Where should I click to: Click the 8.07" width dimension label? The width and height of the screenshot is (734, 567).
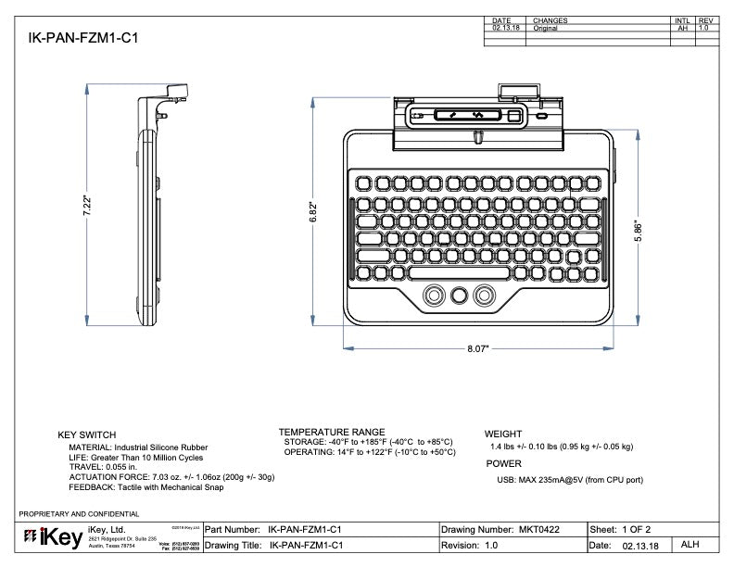click(x=477, y=349)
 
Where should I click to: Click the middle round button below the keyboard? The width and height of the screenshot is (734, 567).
click(x=458, y=295)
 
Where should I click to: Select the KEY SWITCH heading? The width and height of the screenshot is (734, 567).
click(x=87, y=435)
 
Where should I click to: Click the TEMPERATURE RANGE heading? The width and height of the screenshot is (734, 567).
click(x=331, y=432)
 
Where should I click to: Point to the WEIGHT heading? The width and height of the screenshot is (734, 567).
click(x=503, y=434)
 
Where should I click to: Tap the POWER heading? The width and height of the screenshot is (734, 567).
click(x=503, y=463)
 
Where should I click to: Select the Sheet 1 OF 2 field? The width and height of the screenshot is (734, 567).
click(x=626, y=528)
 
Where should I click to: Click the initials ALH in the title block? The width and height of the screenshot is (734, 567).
click(x=691, y=545)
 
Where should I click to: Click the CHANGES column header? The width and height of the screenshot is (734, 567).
click(x=550, y=20)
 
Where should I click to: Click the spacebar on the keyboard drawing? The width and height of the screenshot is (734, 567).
click(x=458, y=274)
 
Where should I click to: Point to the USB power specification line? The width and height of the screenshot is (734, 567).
click(x=570, y=480)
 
